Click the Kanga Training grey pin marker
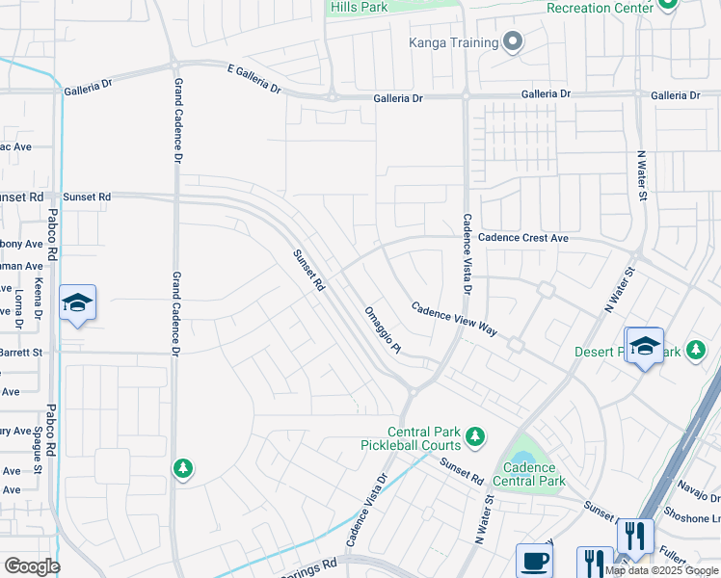pos(513,41)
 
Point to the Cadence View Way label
pos(454,319)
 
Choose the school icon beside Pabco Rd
pos(77,303)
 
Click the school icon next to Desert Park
pos(644,347)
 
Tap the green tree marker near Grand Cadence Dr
pos(182,468)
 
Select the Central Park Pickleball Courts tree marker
pos(474,438)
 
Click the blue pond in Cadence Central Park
pos(523,448)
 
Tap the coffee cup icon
pos(534,563)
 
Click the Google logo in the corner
pos(31,566)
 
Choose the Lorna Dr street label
pos(19,304)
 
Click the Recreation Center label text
pos(606,8)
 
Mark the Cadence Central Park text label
pos(529,474)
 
